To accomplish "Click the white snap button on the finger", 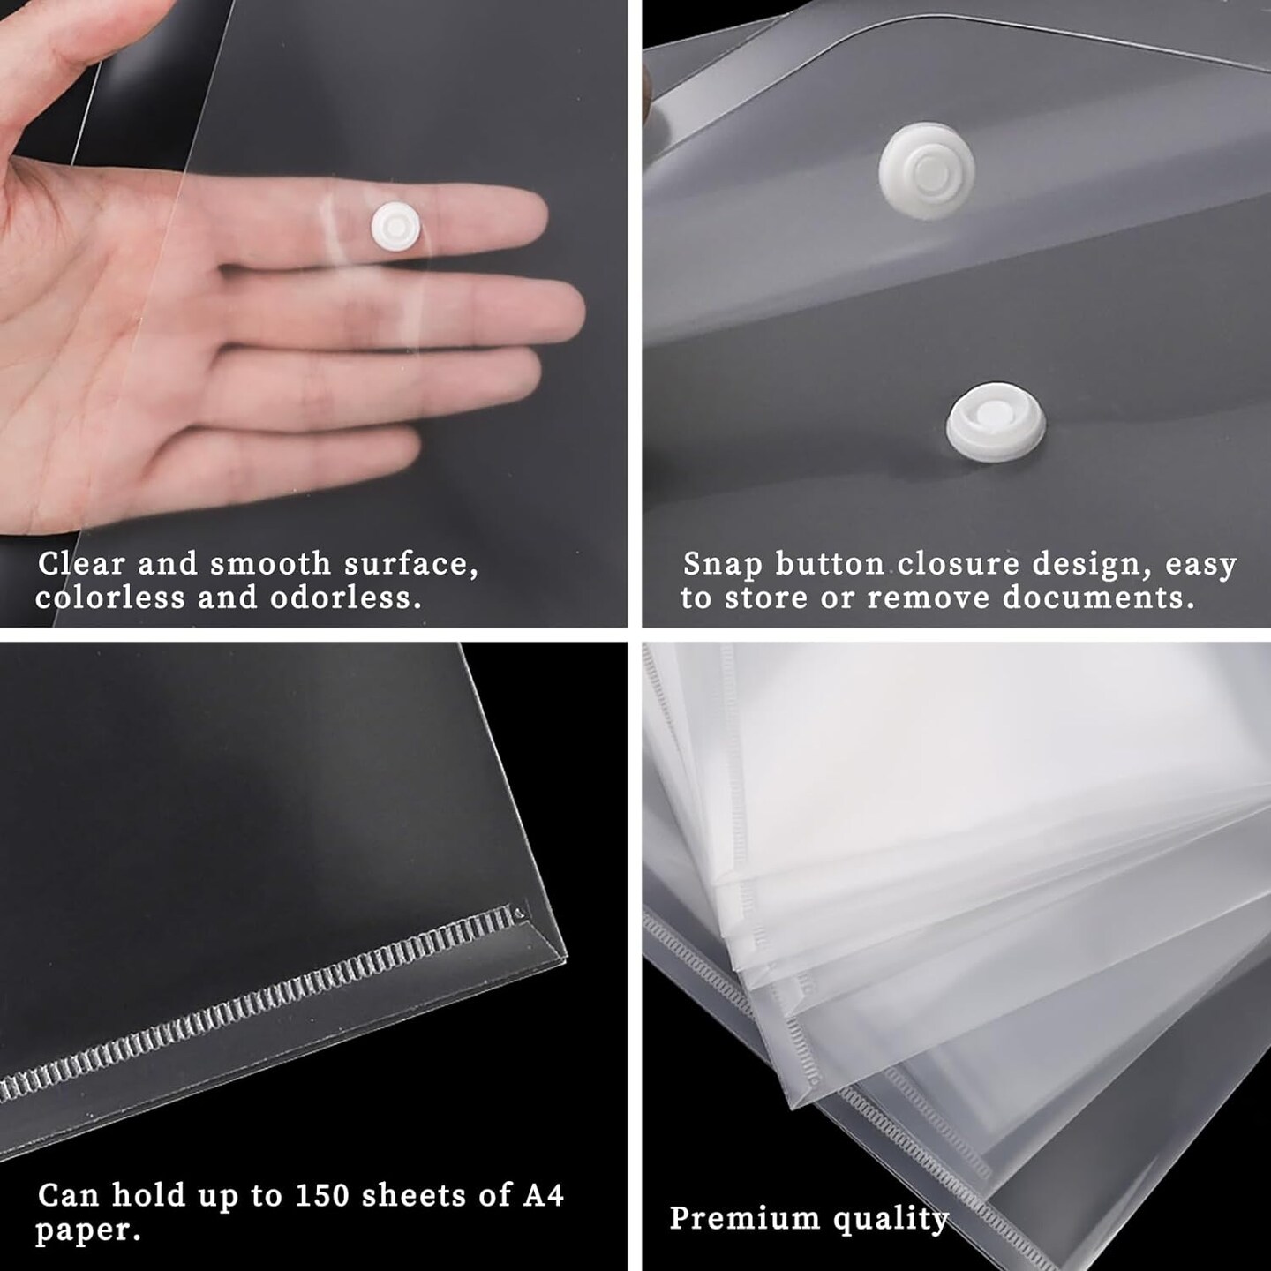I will pos(395,226).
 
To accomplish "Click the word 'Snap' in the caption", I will pos(723,565).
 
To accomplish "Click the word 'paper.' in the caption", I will pos(87,1230).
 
